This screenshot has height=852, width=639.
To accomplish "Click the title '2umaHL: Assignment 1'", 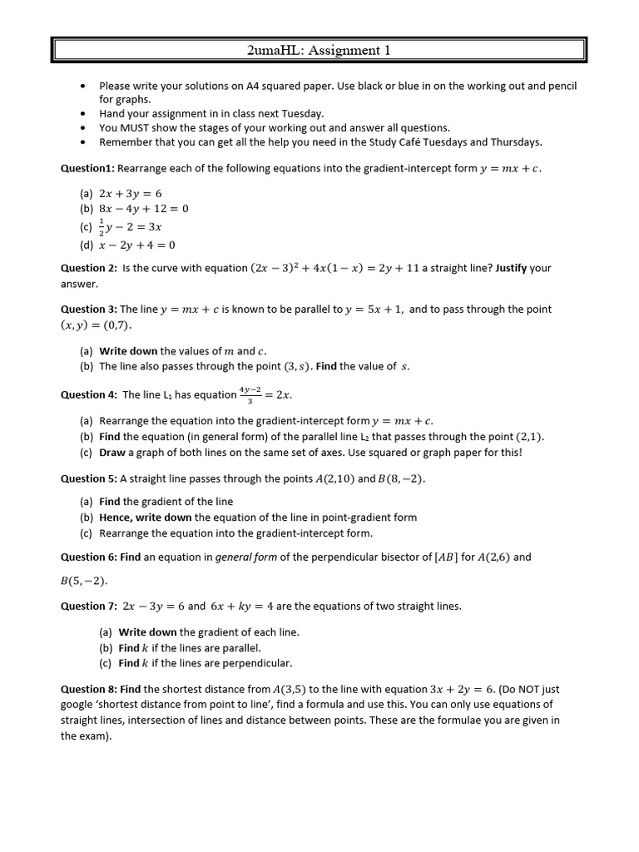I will coord(319,51).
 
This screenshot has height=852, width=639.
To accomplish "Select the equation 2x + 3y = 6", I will coord(131,193).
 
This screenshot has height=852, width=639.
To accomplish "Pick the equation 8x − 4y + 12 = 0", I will coord(144,209).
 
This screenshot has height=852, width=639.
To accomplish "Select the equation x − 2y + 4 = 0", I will coord(137,245).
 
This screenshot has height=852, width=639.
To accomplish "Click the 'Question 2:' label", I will coord(88,268).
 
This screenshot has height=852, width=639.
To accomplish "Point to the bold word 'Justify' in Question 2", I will coord(511,268).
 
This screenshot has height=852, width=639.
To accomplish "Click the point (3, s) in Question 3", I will coord(296,366).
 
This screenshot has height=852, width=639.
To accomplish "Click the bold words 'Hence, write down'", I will coord(145,517).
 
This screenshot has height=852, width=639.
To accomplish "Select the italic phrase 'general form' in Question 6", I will coord(246,557).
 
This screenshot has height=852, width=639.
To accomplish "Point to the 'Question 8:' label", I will coord(88,689).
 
